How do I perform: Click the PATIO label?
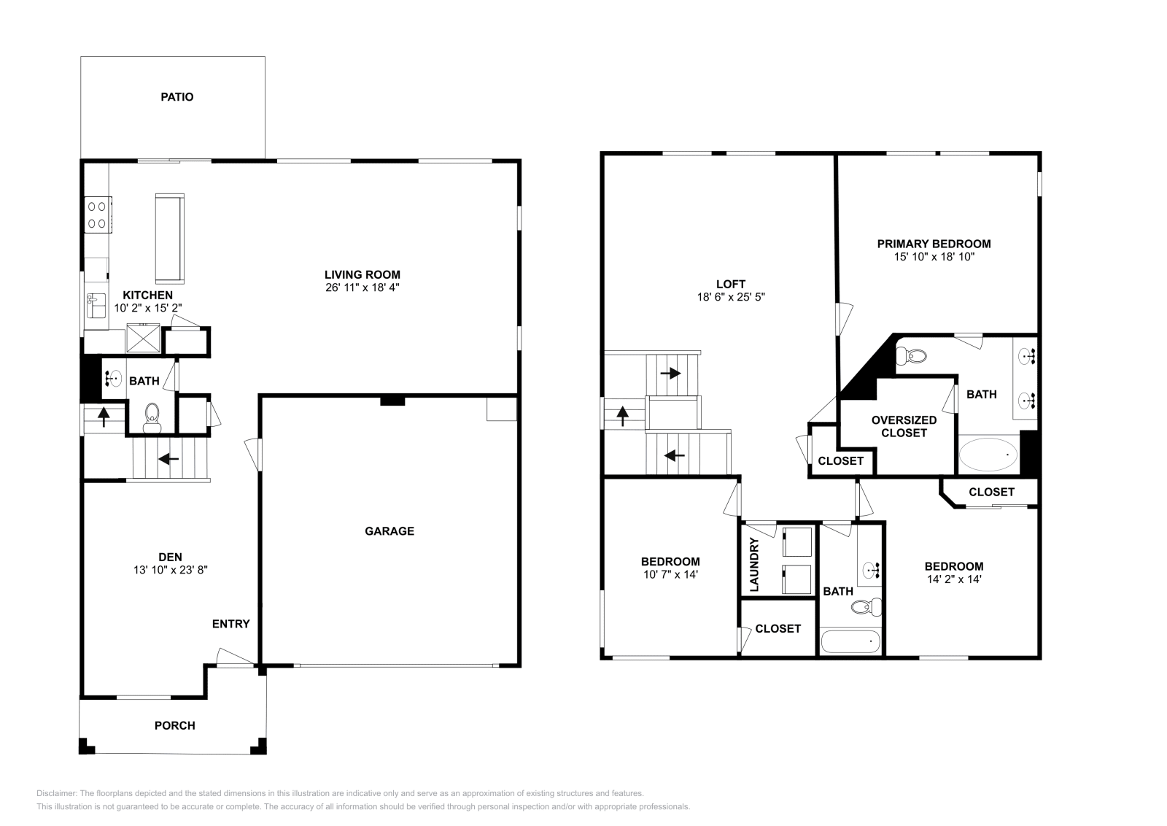coord(177,97)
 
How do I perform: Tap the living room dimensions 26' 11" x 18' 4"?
coord(362,287)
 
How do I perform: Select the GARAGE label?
coord(389,531)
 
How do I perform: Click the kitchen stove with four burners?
coord(98,215)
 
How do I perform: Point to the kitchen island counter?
coord(170,238)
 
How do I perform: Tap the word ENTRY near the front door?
coord(230,624)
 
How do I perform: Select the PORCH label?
coord(175,725)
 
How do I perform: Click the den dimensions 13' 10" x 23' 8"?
coord(169,570)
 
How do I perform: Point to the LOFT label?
coord(731,284)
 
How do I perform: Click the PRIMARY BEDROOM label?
coord(934,244)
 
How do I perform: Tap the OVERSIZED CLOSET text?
coord(904,426)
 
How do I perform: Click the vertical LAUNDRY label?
coord(754,564)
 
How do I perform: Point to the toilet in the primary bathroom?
coord(912,356)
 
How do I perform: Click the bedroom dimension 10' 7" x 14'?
coord(670,574)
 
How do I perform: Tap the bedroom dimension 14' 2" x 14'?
coord(954,579)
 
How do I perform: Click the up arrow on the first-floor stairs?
coord(104,417)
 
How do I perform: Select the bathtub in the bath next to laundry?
coord(850,642)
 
